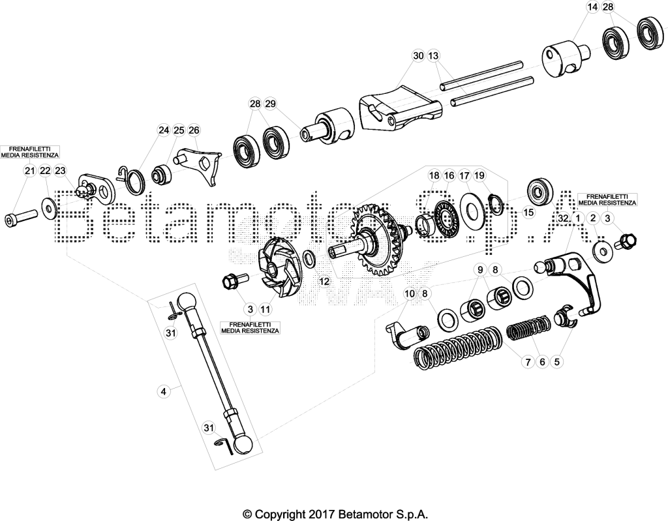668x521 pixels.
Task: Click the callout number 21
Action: point(29,171)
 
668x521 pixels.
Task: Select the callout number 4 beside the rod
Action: point(164,391)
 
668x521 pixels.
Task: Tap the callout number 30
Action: point(418,56)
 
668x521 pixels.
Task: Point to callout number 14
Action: point(592,7)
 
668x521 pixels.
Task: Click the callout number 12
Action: point(325,281)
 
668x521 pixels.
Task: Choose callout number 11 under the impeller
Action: point(265,309)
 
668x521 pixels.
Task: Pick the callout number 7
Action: point(528,362)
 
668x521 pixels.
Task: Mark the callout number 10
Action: point(409,293)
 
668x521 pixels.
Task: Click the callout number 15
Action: point(528,212)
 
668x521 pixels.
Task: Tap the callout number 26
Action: point(194,130)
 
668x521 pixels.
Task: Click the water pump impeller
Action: point(280,269)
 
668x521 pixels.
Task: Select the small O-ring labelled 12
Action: point(310,258)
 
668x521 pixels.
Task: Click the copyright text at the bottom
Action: point(335,513)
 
